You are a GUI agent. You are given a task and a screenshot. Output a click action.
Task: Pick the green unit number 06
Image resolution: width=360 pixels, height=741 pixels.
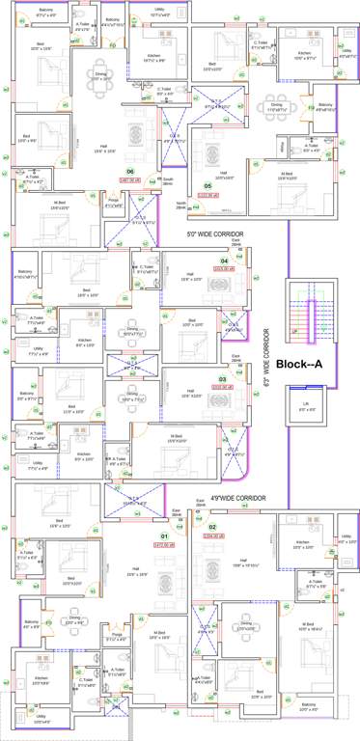[129, 172]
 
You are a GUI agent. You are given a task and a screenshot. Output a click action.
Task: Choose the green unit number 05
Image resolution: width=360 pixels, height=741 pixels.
[208, 185]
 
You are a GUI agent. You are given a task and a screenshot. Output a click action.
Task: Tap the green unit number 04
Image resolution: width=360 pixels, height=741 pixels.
[224, 261]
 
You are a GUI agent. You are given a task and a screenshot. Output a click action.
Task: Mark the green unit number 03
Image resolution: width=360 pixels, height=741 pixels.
[222, 379]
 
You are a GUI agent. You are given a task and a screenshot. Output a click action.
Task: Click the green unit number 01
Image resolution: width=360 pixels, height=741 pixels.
[164, 535]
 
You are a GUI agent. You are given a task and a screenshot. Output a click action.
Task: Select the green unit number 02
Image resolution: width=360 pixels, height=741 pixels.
[212, 527]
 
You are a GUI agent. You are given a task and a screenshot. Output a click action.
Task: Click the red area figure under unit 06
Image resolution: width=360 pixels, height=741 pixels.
[129, 180]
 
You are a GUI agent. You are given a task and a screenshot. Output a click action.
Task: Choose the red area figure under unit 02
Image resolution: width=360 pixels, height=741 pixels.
[212, 536]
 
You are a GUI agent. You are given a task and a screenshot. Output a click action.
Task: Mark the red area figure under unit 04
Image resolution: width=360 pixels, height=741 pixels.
[224, 269]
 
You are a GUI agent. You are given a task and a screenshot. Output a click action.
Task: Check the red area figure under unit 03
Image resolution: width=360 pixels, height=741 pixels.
[222, 388]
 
